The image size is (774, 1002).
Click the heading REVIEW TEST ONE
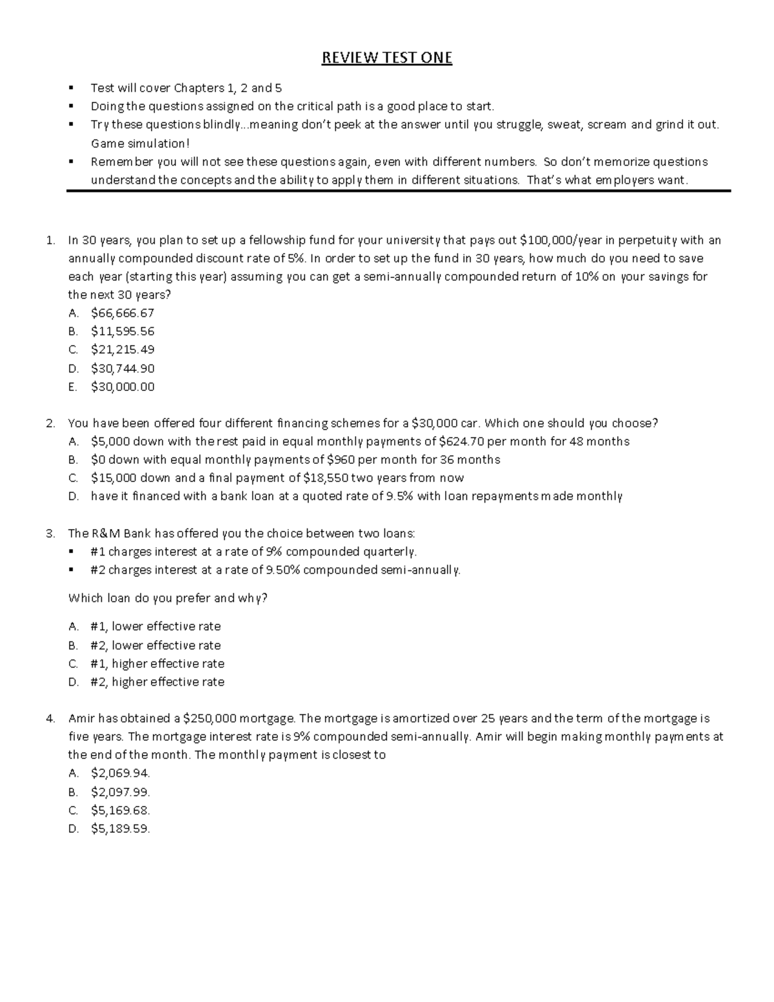tap(387, 58)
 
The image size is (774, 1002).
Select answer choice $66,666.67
tap(123, 313)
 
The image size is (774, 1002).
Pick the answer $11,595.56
tap(123, 332)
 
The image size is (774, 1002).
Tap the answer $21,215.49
tap(123, 350)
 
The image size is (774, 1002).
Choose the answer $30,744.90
tap(123, 368)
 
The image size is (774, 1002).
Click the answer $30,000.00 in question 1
tap(123, 387)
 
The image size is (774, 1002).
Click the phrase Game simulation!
tap(141, 143)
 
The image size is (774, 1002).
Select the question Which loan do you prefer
tap(168, 598)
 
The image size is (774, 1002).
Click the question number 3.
tap(50, 534)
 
